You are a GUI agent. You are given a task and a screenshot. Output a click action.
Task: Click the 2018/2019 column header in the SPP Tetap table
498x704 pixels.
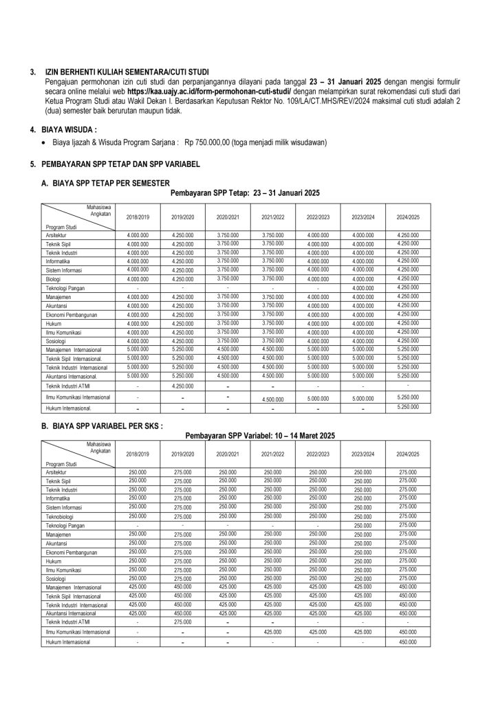pyautogui.click(x=138, y=217)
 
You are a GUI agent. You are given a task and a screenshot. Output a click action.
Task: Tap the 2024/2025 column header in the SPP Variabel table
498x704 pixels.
pyautogui.click(x=408, y=455)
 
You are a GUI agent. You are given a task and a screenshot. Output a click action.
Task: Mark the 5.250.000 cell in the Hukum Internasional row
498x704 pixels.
pyautogui.click(x=408, y=408)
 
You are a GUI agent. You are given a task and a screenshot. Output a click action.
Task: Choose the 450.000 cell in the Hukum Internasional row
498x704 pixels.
pyautogui.click(x=408, y=641)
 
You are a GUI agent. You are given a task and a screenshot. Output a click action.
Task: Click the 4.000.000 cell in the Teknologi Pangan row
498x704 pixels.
pyautogui.click(x=362, y=288)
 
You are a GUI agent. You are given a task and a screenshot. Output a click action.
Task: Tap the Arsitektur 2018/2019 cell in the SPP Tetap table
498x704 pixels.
pyautogui.click(x=138, y=236)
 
